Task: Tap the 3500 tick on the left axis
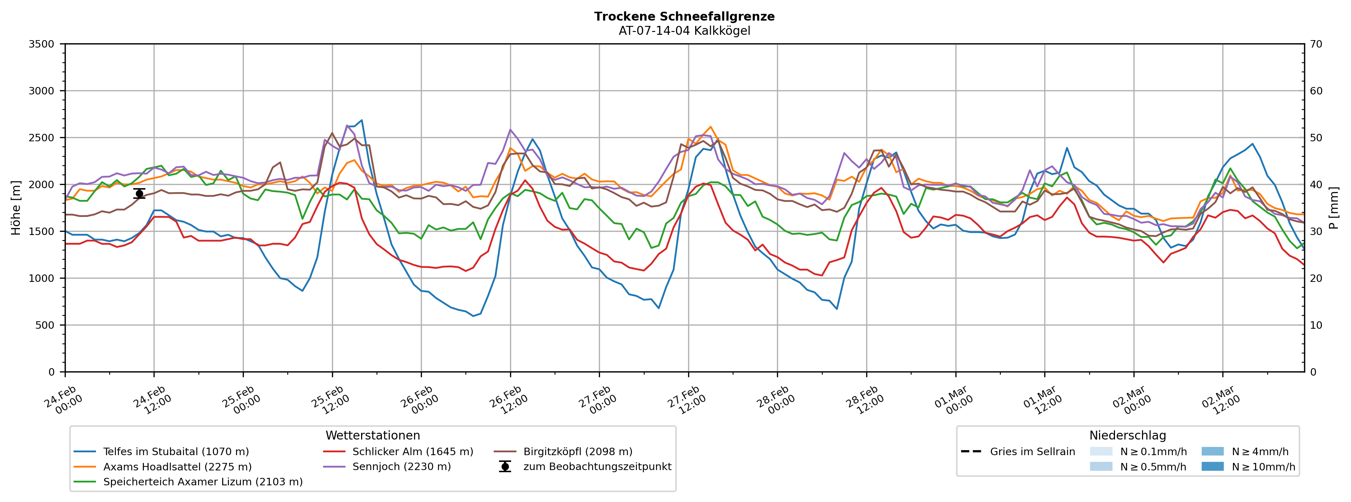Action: [x=42, y=44]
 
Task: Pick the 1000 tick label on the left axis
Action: [x=42, y=278]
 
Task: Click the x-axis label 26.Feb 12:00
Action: [x=507, y=401]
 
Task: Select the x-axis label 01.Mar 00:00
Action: [x=953, y=401]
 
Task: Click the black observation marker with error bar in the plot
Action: [x=139, y=194]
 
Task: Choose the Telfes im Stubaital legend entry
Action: [x=176, y=452]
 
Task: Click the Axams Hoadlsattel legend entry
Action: [x=177, y=467]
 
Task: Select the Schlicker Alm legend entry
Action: [x=412, y=452]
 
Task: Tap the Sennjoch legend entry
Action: [x=401, y=467]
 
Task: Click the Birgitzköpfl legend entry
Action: [x=578, y=452]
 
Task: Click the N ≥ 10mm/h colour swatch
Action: [x=1212, y=466]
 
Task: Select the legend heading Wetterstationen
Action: [x=372, y=436]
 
